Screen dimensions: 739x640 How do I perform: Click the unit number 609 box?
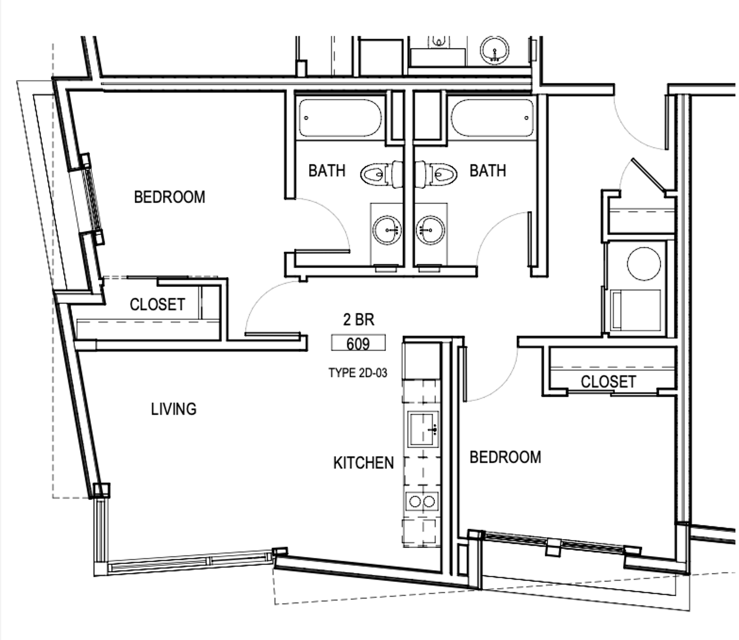358,343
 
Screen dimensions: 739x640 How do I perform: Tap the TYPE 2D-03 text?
358,373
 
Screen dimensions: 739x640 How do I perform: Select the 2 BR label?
358,319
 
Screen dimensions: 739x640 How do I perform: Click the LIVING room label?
174,409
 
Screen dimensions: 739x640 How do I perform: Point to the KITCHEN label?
364,463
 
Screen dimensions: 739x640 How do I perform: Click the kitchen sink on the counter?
423,429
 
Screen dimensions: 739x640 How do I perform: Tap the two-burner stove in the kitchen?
422,501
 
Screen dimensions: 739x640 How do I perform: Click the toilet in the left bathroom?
381,174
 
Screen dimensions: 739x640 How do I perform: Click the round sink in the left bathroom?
387,230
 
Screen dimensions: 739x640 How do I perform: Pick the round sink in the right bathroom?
430,230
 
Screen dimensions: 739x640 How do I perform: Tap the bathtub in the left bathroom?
340,118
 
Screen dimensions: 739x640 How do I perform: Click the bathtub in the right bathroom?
492,118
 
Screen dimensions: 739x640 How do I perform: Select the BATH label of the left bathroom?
327,170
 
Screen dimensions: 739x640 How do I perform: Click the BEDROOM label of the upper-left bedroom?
169,197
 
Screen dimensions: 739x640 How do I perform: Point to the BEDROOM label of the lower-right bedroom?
505,457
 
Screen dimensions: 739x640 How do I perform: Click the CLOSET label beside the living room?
157,304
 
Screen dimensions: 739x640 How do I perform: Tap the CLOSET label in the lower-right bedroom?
608,382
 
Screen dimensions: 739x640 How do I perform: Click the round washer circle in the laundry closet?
644,264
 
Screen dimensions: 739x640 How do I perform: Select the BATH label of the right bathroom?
488,170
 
